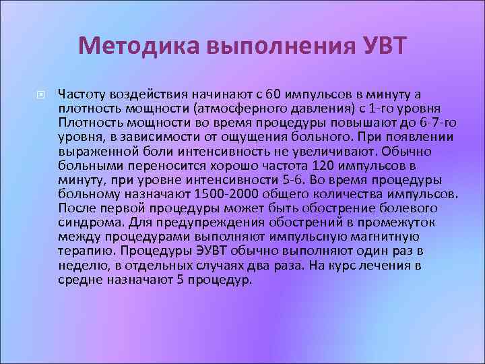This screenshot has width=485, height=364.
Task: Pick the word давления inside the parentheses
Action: coord(305,108)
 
